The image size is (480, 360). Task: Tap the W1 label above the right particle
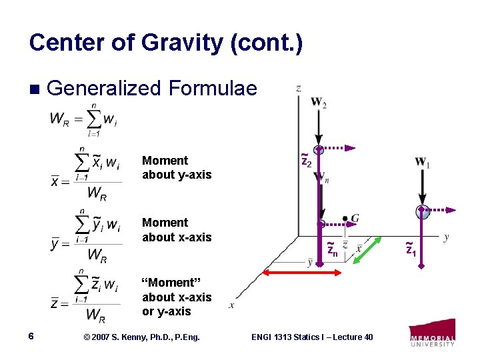click(421, 162)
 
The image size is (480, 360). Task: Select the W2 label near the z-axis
click(318, 103)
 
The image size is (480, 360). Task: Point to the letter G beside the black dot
click(355, 218)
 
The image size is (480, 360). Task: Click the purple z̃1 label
click(411, 250)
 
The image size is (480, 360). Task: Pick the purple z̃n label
click(332, 250)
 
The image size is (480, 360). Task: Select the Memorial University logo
click(432, 333)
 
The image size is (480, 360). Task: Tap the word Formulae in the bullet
click(213, 88)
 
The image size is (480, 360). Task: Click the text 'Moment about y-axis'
click(176, 167)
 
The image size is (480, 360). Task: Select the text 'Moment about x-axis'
click(176, 229)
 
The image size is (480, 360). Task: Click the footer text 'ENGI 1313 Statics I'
click(311, 337)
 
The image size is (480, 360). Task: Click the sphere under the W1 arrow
click(421, 212)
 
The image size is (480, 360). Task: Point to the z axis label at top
click(298, 88)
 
